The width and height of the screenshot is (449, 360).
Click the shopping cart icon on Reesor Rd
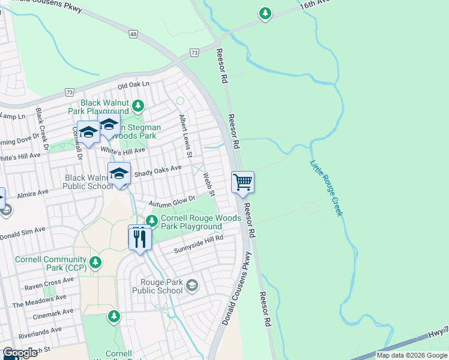tap(243, 182)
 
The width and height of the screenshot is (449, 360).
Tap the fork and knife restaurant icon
tap(139, 238)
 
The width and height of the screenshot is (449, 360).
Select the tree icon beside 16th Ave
tap(265, 13)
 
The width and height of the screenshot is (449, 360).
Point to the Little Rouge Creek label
tap(327, 188)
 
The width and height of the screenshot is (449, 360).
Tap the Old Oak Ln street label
tap(133, 86)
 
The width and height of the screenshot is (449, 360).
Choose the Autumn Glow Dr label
tap(173, 199)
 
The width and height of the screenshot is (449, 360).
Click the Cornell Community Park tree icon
tap(94, 262)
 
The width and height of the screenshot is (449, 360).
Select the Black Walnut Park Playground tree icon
tap(139, 106)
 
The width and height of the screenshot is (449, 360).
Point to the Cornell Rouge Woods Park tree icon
tap(152, 221)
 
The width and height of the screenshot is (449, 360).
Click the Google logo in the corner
tap(20, 353)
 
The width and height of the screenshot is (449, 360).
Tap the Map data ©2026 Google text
tap(411, 355)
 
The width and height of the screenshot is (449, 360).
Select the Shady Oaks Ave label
tap(157, 172)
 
